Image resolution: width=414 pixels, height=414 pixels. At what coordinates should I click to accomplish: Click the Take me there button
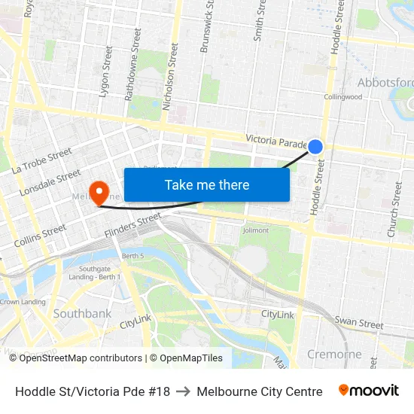207,184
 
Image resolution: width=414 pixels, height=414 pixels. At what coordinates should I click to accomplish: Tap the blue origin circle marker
316,147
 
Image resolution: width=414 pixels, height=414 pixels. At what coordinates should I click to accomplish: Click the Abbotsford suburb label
385,82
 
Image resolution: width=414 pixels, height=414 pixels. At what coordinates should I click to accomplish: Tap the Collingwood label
342,97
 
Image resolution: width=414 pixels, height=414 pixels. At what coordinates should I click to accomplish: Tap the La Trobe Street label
41,161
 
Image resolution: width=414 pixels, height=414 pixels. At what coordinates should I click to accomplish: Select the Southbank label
82,313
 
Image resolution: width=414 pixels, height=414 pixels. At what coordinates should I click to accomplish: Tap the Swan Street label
358,323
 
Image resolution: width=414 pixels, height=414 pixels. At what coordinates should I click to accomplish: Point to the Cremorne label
333,354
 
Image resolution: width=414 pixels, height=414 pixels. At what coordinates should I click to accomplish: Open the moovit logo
368,391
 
